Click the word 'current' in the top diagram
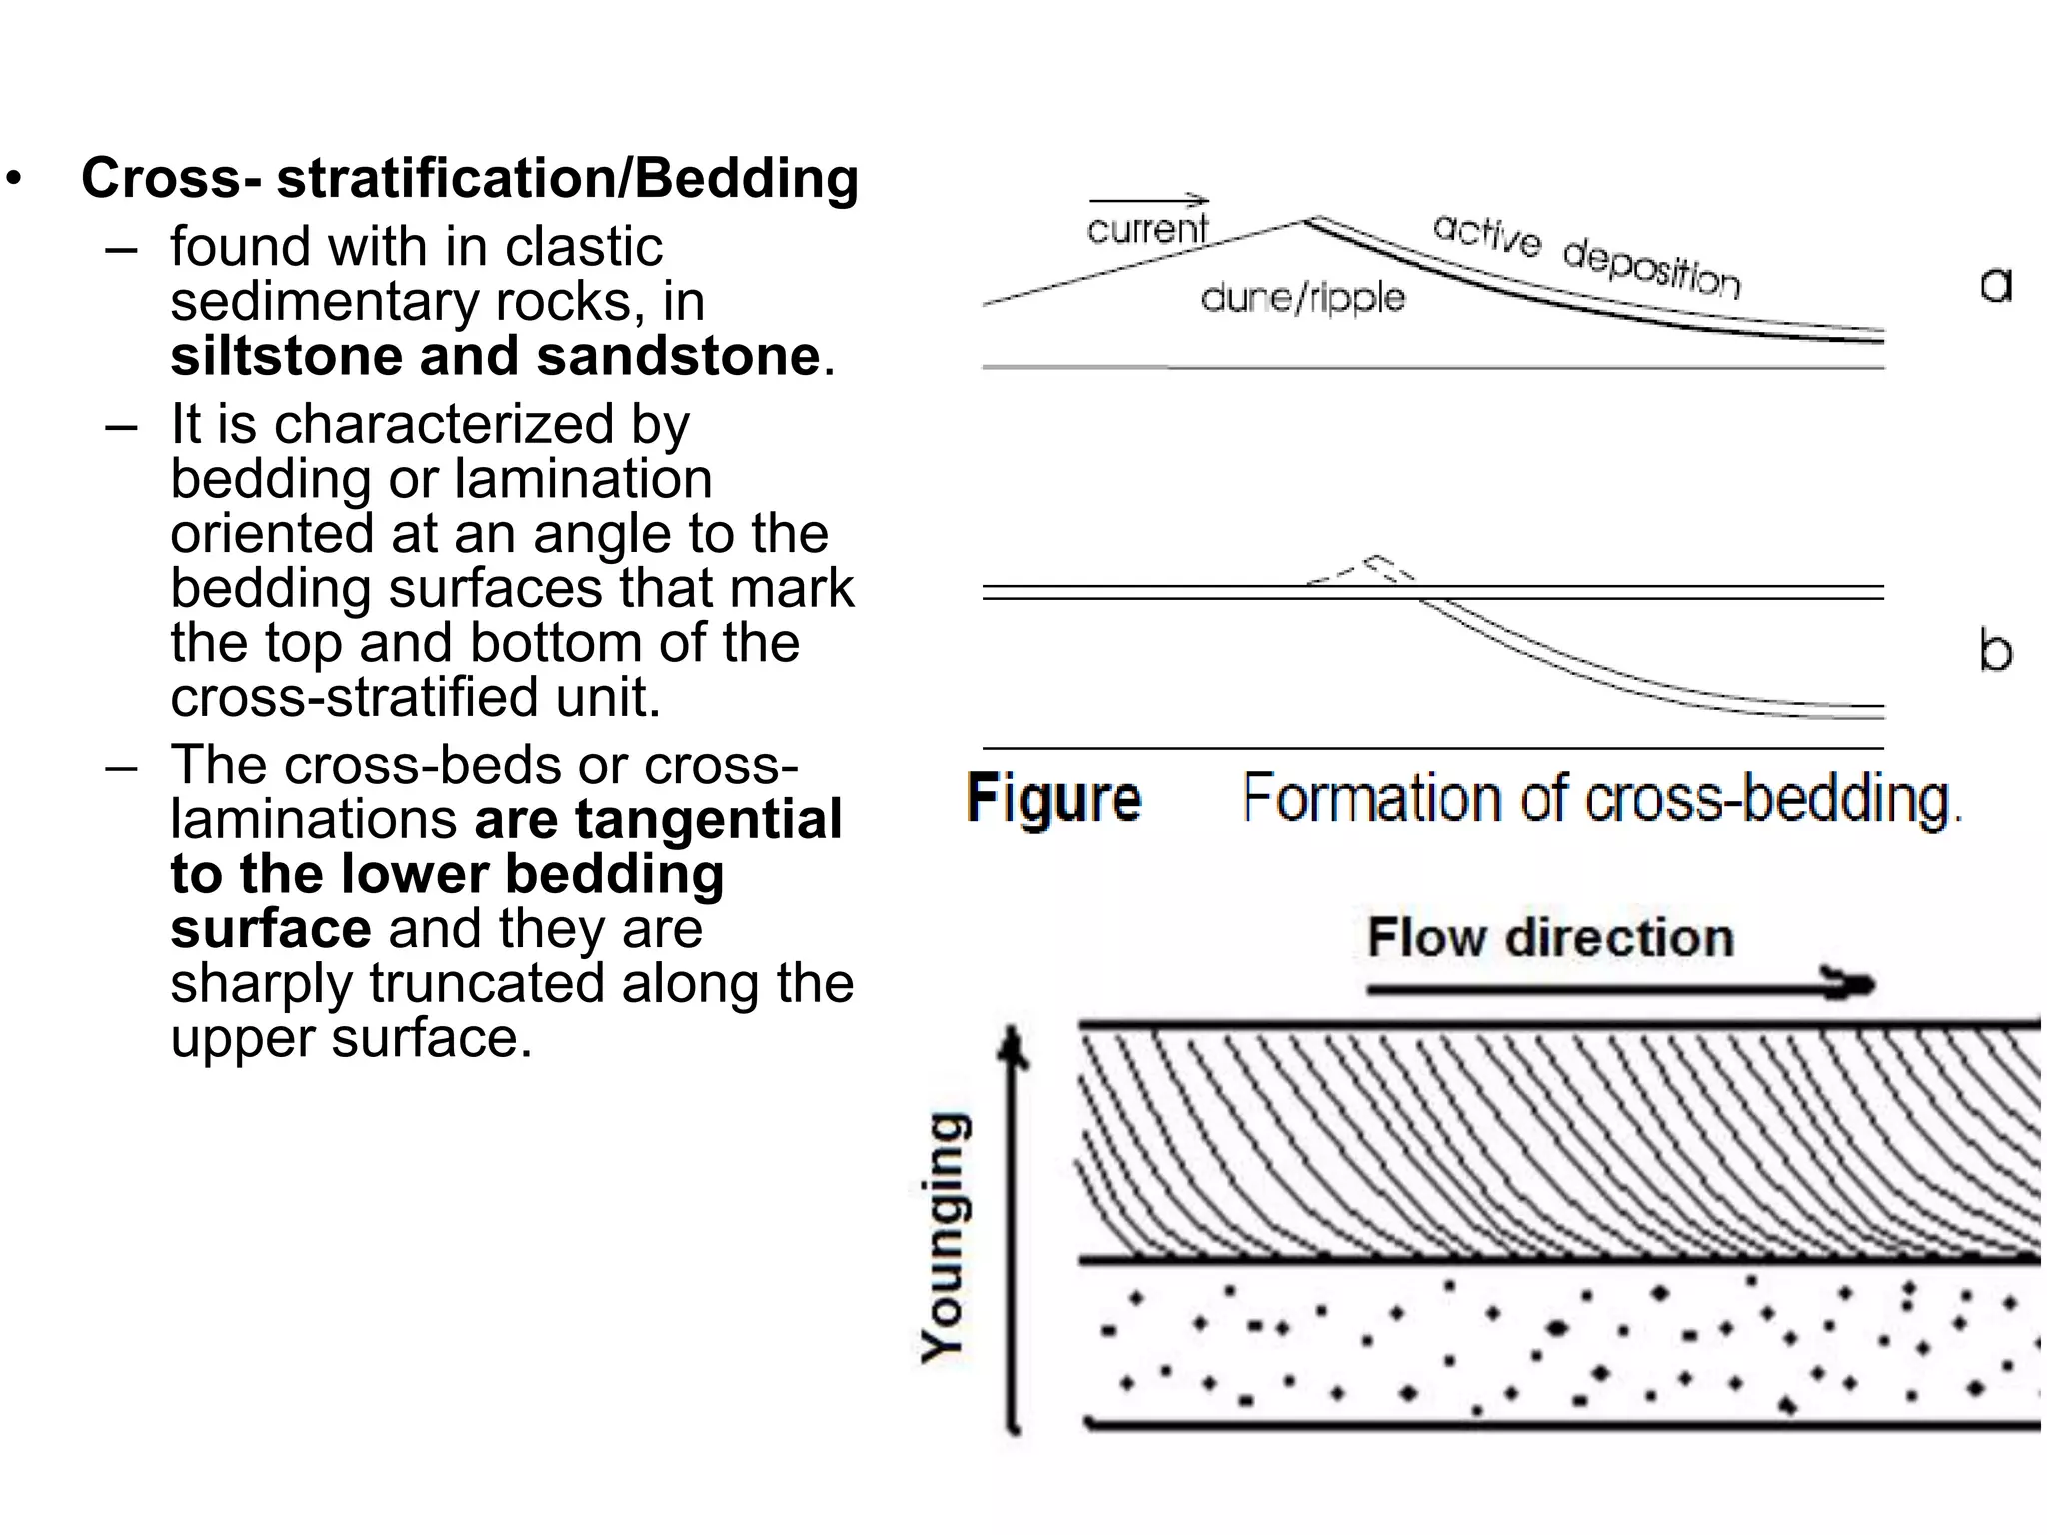tap(1146, 229)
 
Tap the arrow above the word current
tap(1149, 200)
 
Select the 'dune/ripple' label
tap(1302, 297)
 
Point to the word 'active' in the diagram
tap(1486, 236)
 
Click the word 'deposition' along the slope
tap(1651, 268)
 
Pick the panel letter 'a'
tap(1995, 285)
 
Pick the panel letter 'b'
tap(1995, 651)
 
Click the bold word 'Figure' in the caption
tap(1053, 799)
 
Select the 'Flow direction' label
tap(1550, 937)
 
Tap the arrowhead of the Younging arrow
tap(1015, 1044)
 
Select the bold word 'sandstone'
tap(678, 356)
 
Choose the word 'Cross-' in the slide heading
tap(171, 178)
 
